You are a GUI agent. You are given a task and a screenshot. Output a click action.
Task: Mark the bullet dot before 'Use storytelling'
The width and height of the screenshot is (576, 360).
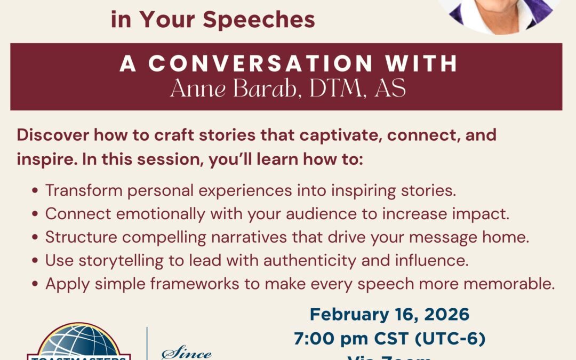[35, 261]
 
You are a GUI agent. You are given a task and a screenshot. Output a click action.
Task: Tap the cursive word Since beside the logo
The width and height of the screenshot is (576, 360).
[187, 353]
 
